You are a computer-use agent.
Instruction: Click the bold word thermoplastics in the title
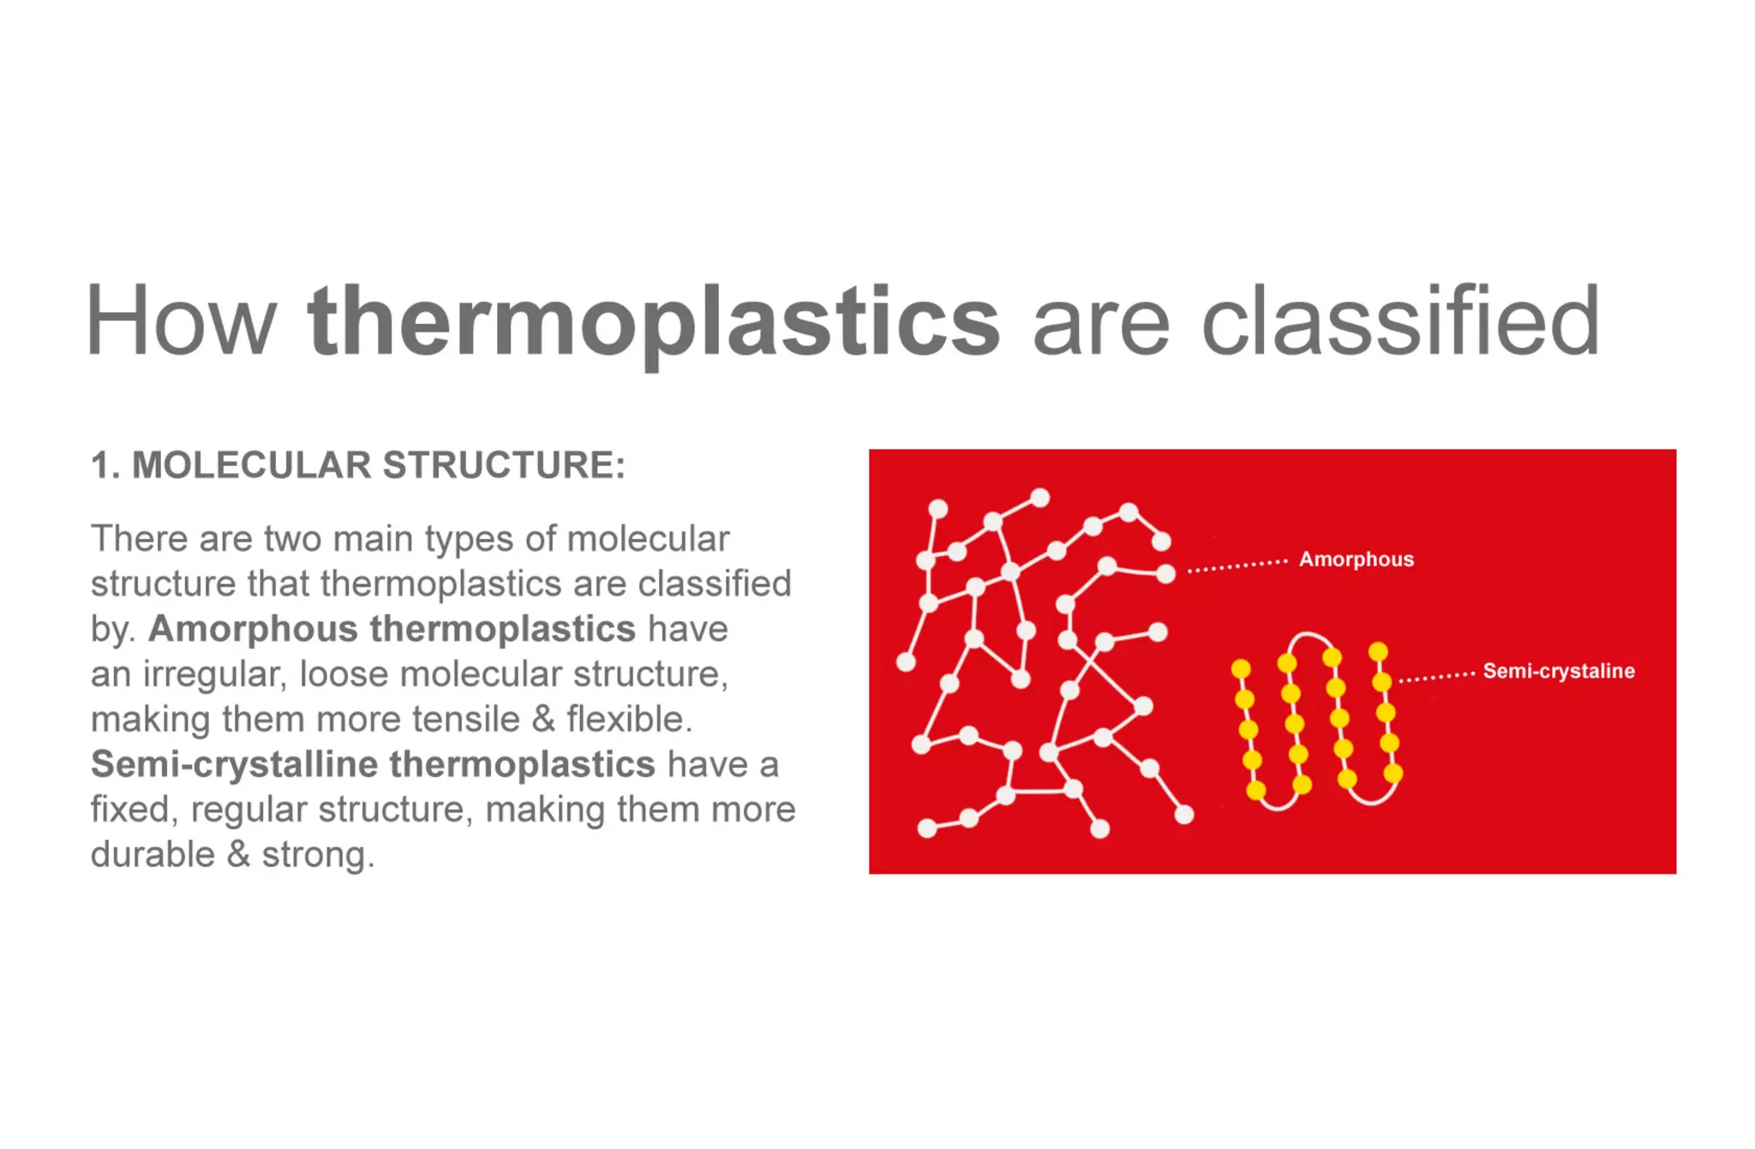coord(653,321)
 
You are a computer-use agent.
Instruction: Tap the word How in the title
coord(181,321)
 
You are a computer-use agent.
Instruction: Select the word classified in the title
coord(1401,321)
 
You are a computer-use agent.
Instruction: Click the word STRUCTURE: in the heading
coord(504,465)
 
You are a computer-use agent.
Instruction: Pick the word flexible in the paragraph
coord(629,720)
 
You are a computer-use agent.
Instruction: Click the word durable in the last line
coord(153,854)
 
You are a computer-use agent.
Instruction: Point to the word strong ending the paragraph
coord(317,855)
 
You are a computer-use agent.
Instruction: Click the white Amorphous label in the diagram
coord(1356,560)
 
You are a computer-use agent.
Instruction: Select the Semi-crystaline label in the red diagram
coord(1558,671)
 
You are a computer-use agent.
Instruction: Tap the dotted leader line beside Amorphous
coord(1237,566)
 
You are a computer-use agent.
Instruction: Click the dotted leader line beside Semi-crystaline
coord(1436,677)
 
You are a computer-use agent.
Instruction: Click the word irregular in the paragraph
coord(213,674)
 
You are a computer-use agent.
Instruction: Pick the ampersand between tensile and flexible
coord(543,720)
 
